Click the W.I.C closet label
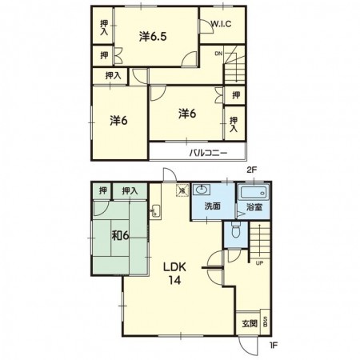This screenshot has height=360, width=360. (x=221, y=24)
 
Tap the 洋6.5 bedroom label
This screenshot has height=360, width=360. (x=153, y=37)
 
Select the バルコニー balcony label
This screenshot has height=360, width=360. (x=208, y=153)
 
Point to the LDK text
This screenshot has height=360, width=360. (x=174, y=267)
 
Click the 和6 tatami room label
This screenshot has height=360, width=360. (x=120, y=235)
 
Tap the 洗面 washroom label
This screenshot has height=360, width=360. (x=212, y=206)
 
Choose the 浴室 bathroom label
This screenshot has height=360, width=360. (x=254, y=207)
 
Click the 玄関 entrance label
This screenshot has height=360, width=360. (x=250, y=324)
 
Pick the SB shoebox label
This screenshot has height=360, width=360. (x=266, y=322)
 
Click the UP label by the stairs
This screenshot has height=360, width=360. (x=259, y=263)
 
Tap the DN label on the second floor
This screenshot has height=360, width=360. (x=218, y=54)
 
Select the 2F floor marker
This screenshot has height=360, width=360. (x=251, y=170)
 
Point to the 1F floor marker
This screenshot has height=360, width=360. (x=274, y=345)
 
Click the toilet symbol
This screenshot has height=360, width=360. (x=236, y=230)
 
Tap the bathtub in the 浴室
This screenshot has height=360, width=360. (x=254, y=192)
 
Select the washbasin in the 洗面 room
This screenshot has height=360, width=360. (x=202, y=190)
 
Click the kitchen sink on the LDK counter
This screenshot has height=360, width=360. (x=155, y=211)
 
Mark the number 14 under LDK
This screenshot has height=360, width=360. (x=174, y=280)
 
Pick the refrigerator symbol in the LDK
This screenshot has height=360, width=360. (x=182, y=190)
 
